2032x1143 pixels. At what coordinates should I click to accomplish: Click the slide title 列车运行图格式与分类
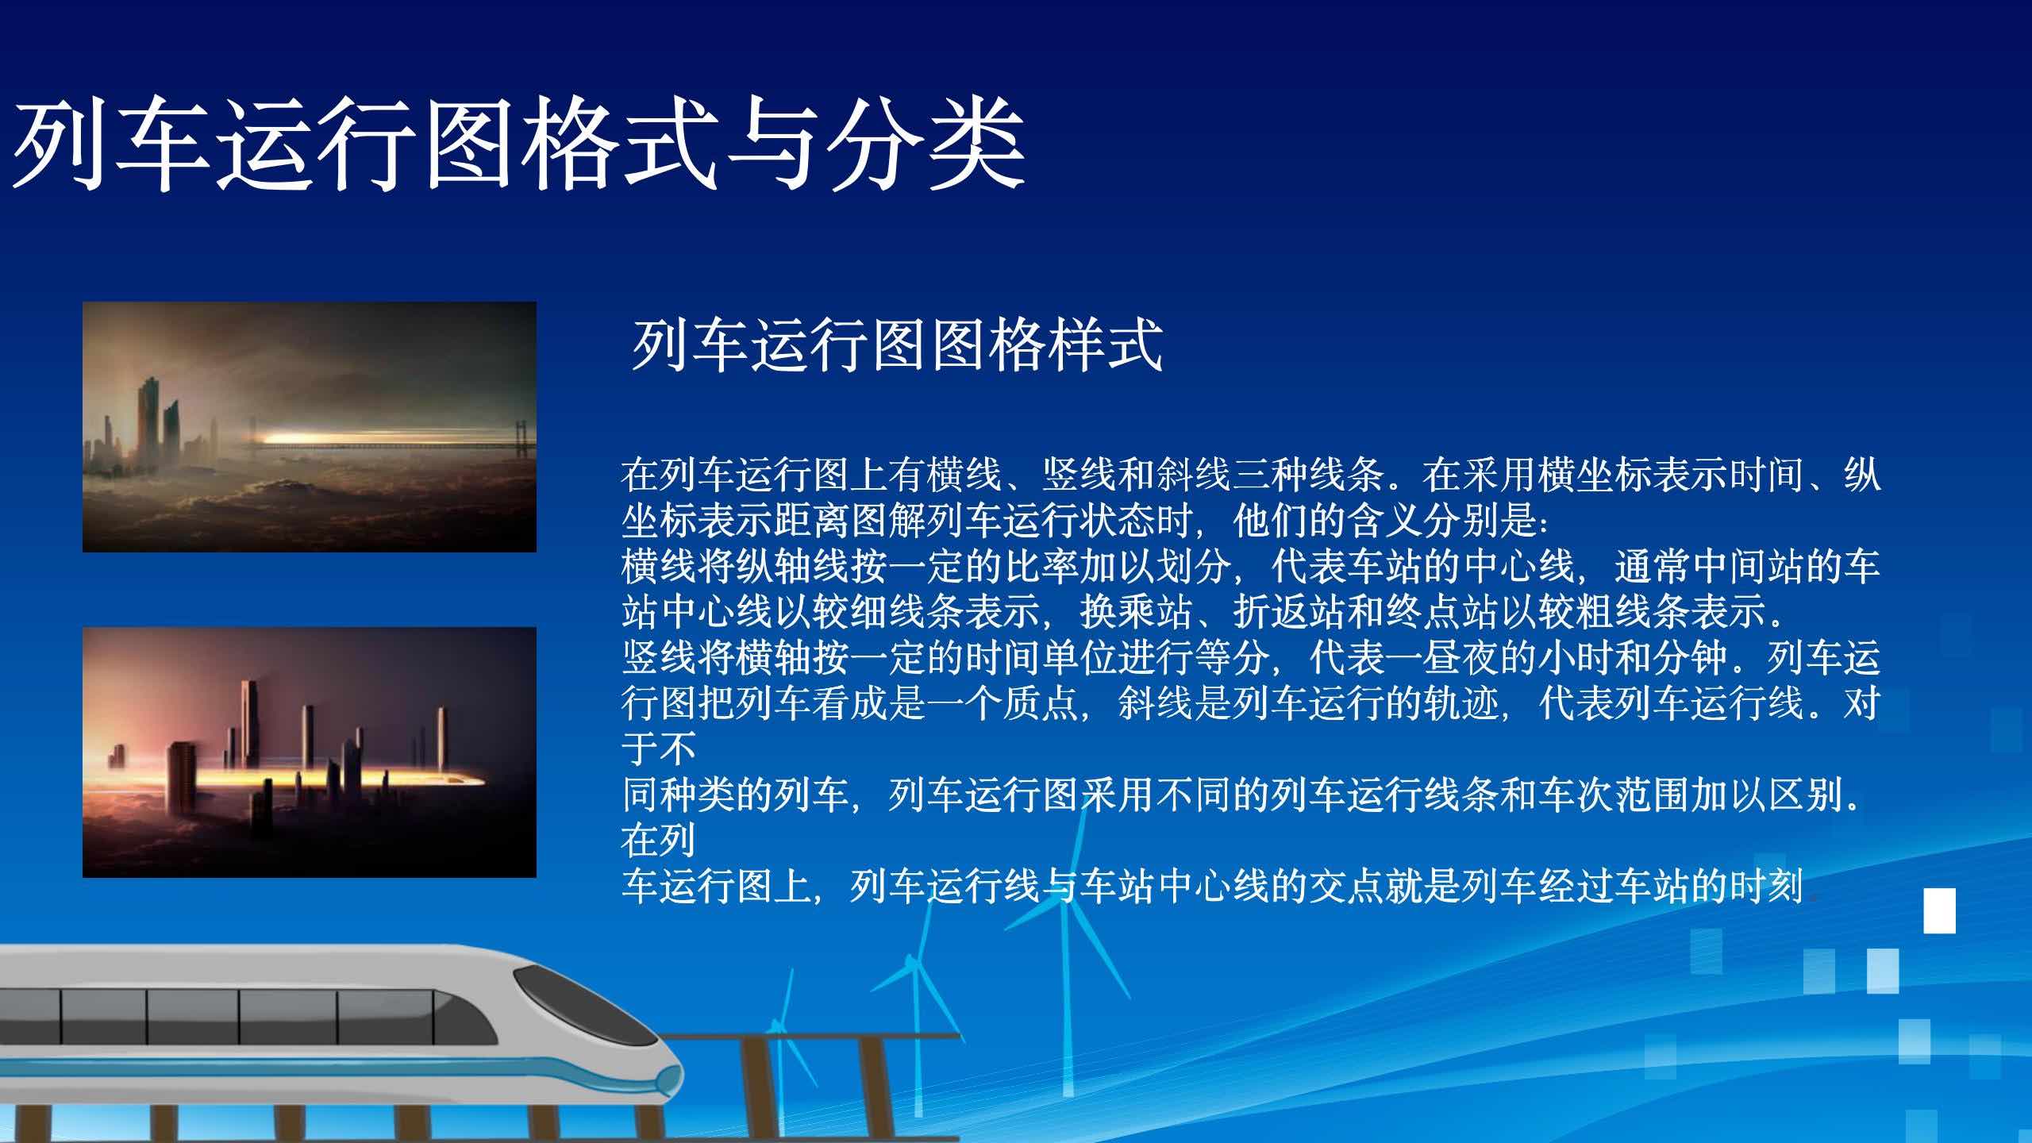[518, 145]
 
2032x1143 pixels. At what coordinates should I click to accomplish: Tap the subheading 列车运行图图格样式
[897, 345]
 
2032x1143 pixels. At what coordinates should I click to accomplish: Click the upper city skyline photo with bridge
[310, 426]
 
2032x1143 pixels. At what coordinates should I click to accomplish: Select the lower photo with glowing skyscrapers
[310, 752]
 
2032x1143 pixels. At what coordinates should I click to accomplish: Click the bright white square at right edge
[1940, 910]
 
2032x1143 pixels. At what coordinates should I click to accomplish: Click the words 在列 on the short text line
[659, 839]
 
